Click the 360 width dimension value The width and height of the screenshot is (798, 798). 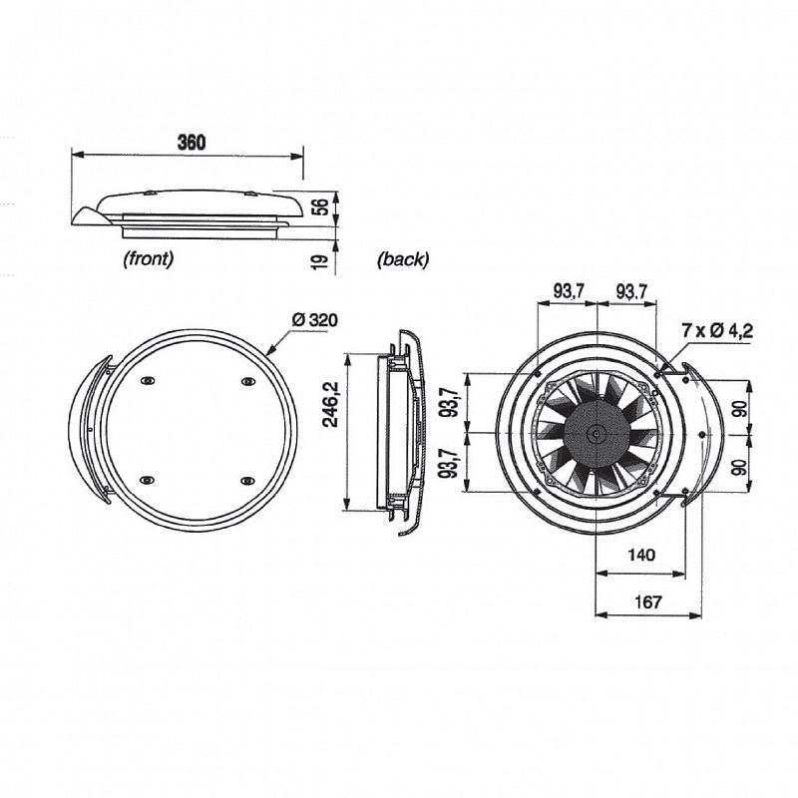[x=192, y=142]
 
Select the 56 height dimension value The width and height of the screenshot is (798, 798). [x=320, y=207]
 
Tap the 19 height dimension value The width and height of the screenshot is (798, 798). [x=319, y=261]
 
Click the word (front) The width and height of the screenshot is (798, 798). [x=148, y=259]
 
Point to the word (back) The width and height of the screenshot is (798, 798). [x=403, y=259]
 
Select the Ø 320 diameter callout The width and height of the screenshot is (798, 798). [x=315, y=320]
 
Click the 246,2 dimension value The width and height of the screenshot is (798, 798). [x=332, y=405]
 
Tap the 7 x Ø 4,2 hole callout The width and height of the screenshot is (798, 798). [x=717, y=331]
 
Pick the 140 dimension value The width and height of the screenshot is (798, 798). [x=641, y=555]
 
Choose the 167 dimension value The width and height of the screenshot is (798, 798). [x=647, y=602]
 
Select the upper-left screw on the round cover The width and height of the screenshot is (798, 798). [x=147, y=381]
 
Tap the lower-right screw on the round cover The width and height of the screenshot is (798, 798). [x=247, y=480]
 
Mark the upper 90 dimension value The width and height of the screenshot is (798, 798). [x=741, y=409]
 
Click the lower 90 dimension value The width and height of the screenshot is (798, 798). [x=741, y=466]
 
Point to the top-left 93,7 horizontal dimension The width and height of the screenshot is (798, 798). [x=569, y=291]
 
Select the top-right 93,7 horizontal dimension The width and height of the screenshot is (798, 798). [x=631, y=291]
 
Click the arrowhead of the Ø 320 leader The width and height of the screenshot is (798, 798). [x=270, y=351]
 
